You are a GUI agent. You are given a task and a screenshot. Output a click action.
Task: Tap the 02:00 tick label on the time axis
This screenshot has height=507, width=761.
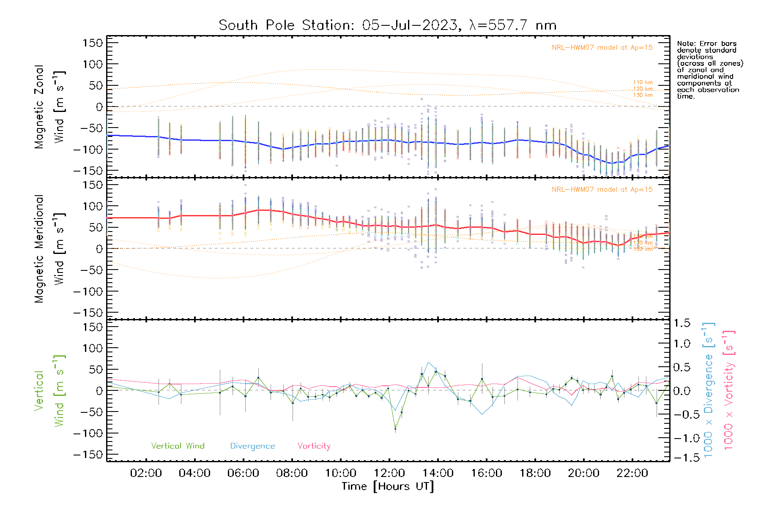pyautogui.click(x=146, y=473)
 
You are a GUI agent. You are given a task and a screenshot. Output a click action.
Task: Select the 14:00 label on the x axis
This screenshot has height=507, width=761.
pyautogui.click(x=438, y=473)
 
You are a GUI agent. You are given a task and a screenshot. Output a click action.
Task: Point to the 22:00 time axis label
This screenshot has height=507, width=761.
pyautogui.click(x=632, y=473)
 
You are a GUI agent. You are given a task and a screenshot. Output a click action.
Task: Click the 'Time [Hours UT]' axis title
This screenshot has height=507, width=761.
pyautogui.click(x=388, y=486)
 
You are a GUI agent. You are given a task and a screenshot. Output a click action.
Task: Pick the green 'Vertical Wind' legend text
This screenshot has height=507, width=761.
pyautogui.click(x=178, y=446)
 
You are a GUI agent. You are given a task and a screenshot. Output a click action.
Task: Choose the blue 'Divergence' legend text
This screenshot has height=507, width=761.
pyautogui.click(x=252, y=446)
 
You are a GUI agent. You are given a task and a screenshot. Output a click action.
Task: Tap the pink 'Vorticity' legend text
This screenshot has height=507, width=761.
pyautogui.click(x=314, y=446)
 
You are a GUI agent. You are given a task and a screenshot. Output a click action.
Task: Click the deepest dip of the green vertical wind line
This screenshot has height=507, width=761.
pyautogui.click(x=395, y=429)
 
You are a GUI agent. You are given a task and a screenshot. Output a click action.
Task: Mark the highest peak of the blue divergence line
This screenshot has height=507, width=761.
pyautogui.click(x=429, y=362)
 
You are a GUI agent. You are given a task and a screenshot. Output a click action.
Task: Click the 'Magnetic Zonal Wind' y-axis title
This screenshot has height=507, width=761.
pyautogui.click(x=49, y=106)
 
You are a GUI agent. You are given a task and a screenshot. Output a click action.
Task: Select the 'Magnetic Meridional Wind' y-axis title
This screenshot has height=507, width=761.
pyautogui.click(x=49, y=248)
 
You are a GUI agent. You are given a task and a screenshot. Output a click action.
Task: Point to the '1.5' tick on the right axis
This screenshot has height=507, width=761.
pyautogui.click(x=682, y=323)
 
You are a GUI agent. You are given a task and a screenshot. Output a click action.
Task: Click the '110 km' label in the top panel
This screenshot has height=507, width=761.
pyautogui.click(x=643, y=82)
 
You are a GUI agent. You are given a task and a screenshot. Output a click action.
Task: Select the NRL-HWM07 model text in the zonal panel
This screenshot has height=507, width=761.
pyautogui.click(x=602, y=48)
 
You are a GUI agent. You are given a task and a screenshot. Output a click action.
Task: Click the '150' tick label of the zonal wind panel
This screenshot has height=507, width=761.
pyautogui.click(x=93, y=43)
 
